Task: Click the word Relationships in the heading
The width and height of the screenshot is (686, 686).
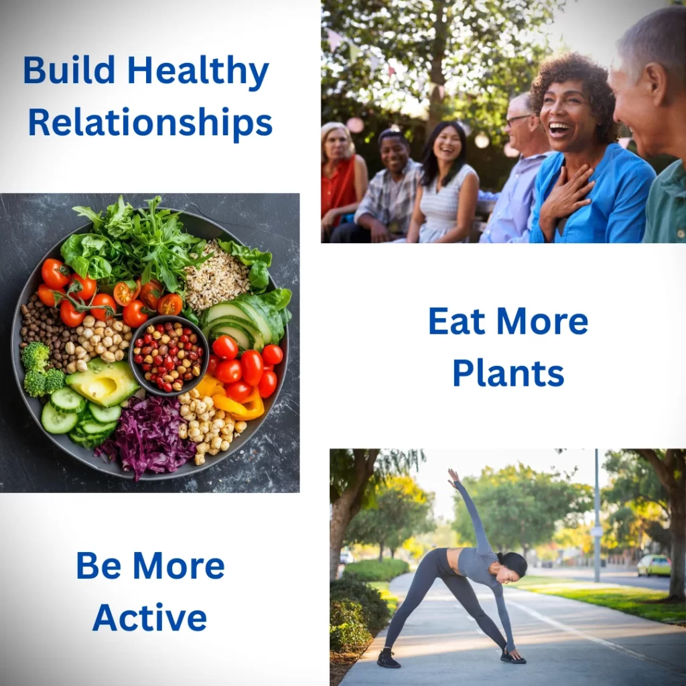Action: click(x=150, y=123)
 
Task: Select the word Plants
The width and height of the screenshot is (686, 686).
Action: click(x=508, y=374)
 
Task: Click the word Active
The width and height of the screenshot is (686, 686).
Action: click(x=149, y=617)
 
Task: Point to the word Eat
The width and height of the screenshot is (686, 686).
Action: click(x=456, y=322)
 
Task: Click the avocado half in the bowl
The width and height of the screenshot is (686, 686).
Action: click(x=102, y=381)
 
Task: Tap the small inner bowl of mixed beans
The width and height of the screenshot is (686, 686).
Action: click(x=168, y=356)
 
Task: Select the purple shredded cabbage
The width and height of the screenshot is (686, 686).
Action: click(x=147, y=437)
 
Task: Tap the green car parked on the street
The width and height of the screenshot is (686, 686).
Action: click(x=654, y=565)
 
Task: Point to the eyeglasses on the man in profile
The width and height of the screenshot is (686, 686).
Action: click(x=519, y=119)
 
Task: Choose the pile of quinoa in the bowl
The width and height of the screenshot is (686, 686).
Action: click(x=216, y=275)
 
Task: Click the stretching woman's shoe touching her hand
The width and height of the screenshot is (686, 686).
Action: click(x=512, y=656)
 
